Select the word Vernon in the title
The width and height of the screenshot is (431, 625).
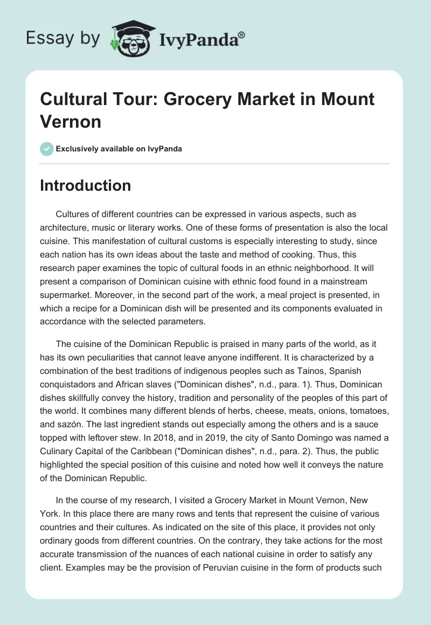coord(71,121)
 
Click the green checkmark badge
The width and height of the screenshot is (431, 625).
coord(47,149)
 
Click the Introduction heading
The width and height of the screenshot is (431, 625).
coord(85,185)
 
